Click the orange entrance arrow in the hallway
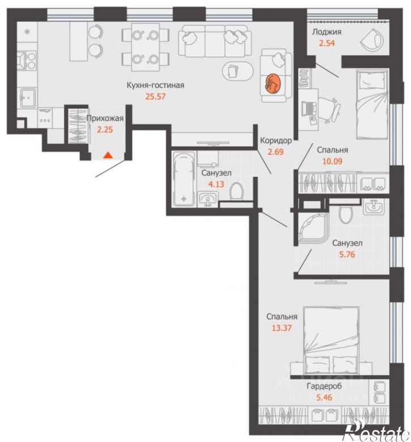108,155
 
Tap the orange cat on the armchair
273,83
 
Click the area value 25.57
155,96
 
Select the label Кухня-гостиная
155,85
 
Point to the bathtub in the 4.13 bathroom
184,178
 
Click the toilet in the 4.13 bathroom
236,192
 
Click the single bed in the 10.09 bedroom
372,104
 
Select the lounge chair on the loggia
372,40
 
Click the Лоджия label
327,32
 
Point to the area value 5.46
324,397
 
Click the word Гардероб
324,386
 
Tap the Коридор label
276,141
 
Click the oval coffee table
238,70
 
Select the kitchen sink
28,97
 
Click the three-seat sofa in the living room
215,41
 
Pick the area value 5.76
347,254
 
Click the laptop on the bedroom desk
309,108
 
